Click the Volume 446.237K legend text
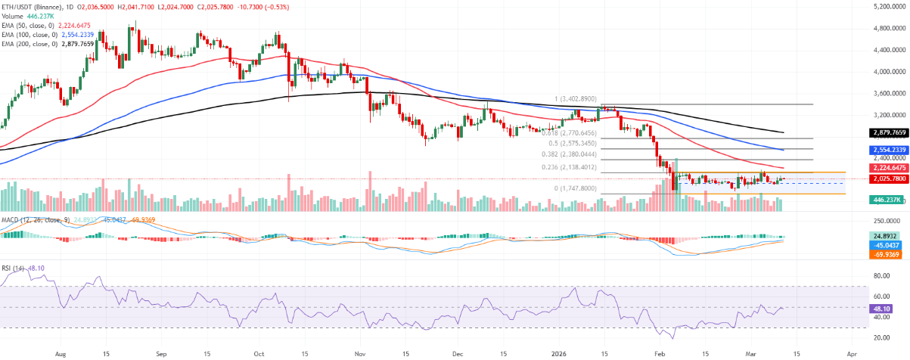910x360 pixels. coord(26,14)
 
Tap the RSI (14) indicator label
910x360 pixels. coord(14,268)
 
